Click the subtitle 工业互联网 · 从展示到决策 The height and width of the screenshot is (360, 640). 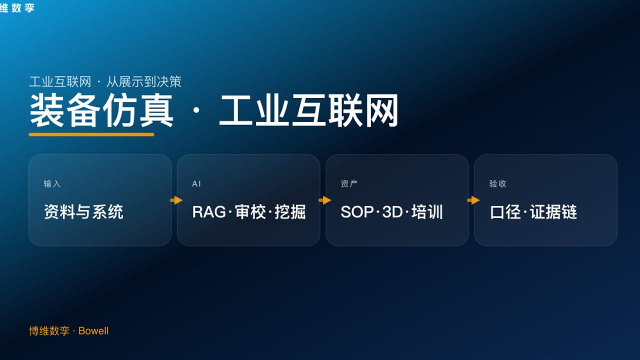(x=105, y=81)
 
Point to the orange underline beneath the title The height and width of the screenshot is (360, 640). (x=91, y=134)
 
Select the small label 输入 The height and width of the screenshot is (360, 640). (x=52, y=184)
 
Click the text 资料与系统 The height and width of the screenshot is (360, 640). (x=83, y=212)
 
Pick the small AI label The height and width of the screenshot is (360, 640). (x=196, y=184)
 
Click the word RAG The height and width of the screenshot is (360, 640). (x=209, y=212)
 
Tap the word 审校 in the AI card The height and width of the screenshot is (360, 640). (x=250, y=212)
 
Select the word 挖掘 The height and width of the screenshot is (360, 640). (x=290, y=212)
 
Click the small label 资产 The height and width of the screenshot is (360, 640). (x=349, y=184)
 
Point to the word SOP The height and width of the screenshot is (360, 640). (x=357, y=212)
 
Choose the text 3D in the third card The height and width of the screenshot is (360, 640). (x=392, y=212)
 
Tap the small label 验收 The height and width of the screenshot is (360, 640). (x=497, y=184)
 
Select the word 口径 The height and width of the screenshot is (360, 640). (x=506, y=212)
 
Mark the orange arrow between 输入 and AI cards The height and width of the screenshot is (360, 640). (x=176, y=200)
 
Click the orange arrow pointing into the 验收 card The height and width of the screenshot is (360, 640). (x=473, y=200)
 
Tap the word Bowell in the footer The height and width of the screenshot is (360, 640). (x=93, y=331)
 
